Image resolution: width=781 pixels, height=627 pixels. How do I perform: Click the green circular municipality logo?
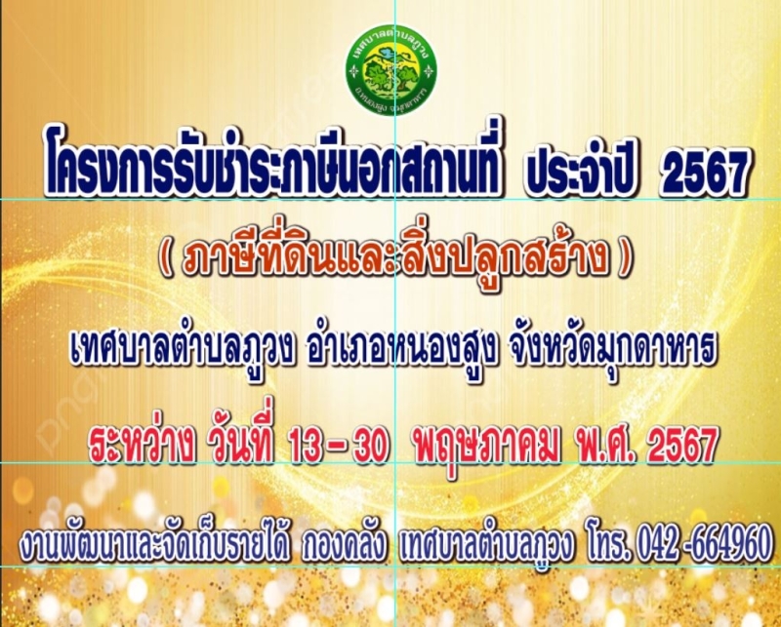(391, 69)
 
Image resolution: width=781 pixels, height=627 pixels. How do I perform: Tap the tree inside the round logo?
(383, 76)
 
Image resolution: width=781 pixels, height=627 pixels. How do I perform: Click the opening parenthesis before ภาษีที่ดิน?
(165, 258)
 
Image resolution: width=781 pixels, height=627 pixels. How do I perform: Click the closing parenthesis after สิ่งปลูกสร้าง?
(624, 258)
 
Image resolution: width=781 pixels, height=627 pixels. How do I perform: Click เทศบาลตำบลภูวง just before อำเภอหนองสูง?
(182, 348)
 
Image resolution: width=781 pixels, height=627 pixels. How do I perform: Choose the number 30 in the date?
(370, 445)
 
